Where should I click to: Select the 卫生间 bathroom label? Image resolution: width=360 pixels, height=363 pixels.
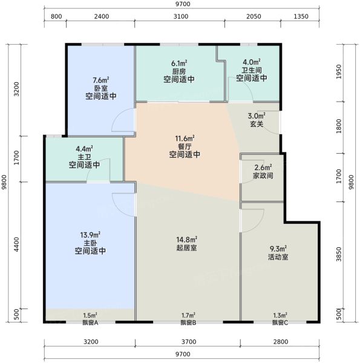pos(251,70)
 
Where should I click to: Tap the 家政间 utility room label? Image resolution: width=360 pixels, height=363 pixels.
pos(262,176)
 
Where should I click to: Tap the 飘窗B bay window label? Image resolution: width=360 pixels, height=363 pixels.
pos(188,322)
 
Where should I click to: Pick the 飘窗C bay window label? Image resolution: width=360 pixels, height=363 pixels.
pos(279,322)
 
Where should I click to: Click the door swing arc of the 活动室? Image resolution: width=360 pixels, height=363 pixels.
pos(248,223)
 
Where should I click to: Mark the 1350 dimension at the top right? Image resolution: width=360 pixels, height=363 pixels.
pos(301,16)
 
